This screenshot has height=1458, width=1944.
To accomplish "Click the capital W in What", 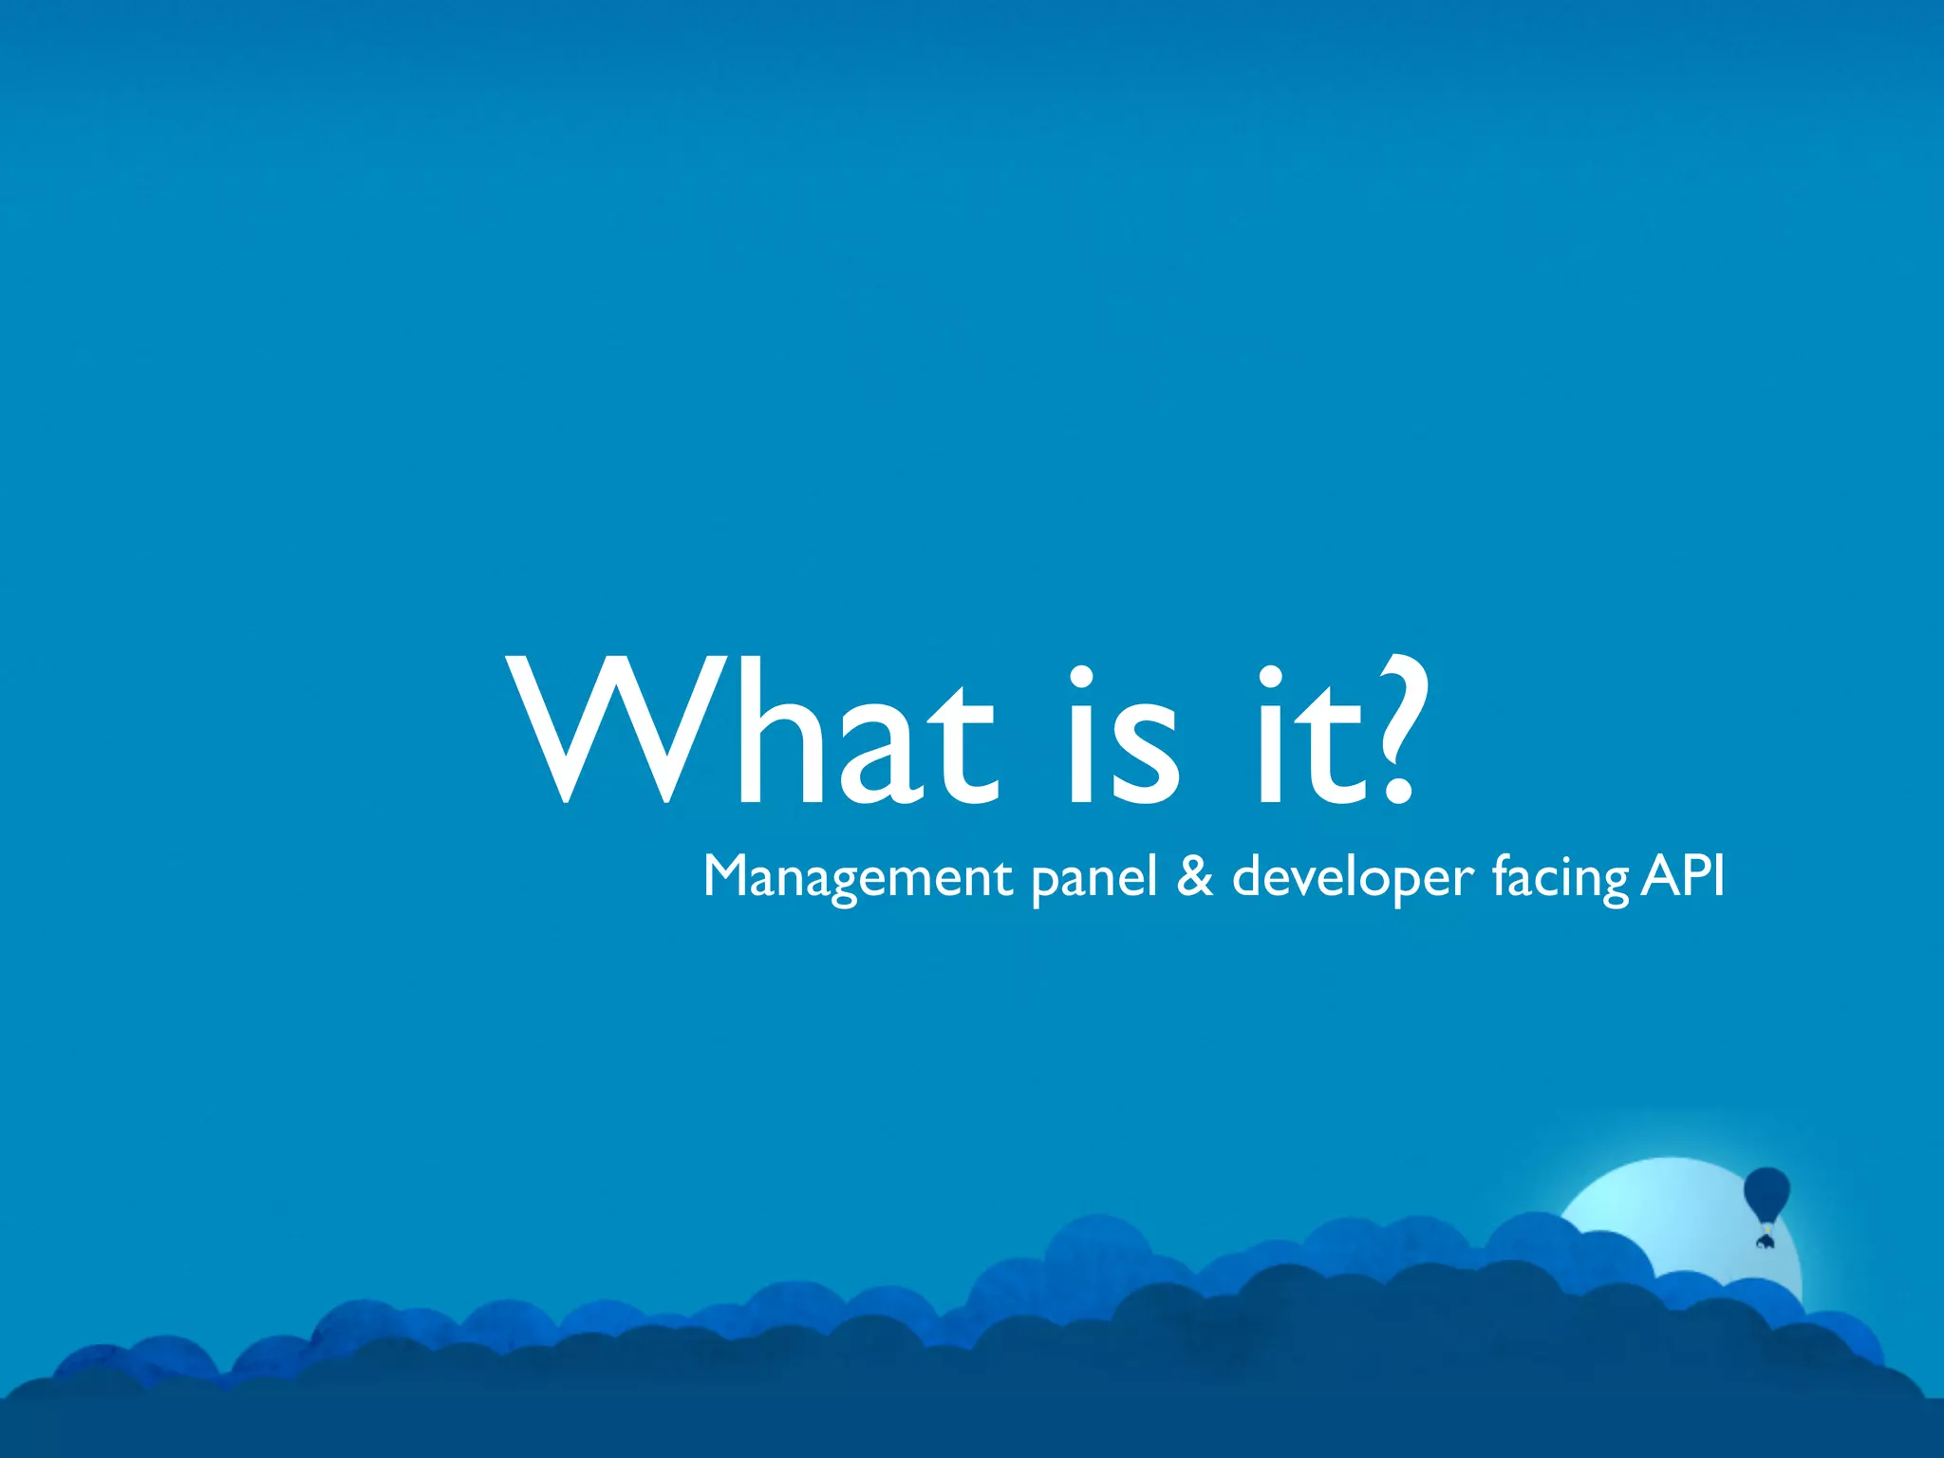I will point(617,731).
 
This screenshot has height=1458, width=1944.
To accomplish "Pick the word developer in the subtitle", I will point(1353,879).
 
